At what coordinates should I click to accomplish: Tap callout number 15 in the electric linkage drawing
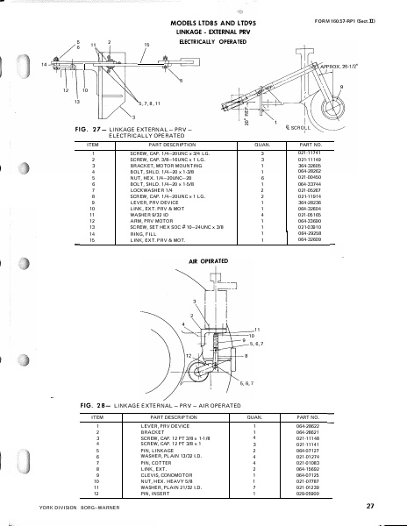[x=146, y=45]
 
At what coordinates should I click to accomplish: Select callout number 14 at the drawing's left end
[x=44, y=65]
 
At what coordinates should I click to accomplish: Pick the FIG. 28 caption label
[x=93, y=406]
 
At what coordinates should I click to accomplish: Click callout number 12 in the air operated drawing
[x=188, y=354]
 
